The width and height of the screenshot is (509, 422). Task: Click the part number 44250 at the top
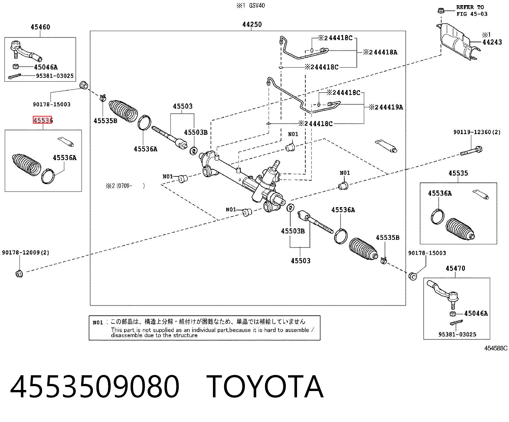click(x=252, y=24)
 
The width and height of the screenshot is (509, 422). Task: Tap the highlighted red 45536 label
click(x=43, y=120)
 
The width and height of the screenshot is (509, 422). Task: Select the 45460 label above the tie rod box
click(x=40, y=27)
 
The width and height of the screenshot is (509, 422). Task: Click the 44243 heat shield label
click(x=492, y=42)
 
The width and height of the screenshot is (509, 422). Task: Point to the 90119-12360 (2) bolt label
click(x=477, y=132)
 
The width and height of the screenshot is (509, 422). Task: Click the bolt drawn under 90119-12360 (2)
click(x=471, y=150)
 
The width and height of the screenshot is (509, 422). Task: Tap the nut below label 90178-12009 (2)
click(x=19, y=273)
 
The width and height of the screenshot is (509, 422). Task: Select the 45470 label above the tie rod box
click(x=455, y=268)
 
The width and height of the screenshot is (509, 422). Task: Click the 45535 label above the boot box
click(x=458, y=173)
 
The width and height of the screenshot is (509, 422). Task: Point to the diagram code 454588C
click(x=496, y=348)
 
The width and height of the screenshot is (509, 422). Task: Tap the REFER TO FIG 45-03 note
click(x=472, y=11)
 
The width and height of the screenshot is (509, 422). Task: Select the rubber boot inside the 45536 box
click(x=26, y=164)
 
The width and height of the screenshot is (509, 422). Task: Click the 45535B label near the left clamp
click(x=105, y=121)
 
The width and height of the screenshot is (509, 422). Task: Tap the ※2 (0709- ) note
click(x=125, y=186)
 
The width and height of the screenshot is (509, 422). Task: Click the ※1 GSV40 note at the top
click(x=251, y=5)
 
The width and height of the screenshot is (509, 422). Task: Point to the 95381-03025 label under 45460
click(x=55, y=76)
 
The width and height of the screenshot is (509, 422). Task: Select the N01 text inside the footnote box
click(x=98, y=323)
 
